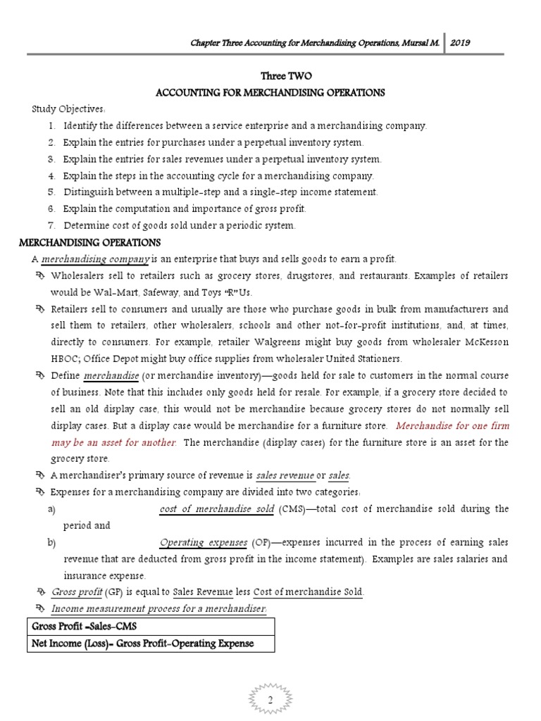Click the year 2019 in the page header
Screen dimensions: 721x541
(x=460, y=42)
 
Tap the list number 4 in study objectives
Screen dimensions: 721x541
(x=52, y=175)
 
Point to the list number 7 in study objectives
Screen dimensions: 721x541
(x=52, y=225)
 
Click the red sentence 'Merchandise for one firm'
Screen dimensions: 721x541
(x=453, y=425)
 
